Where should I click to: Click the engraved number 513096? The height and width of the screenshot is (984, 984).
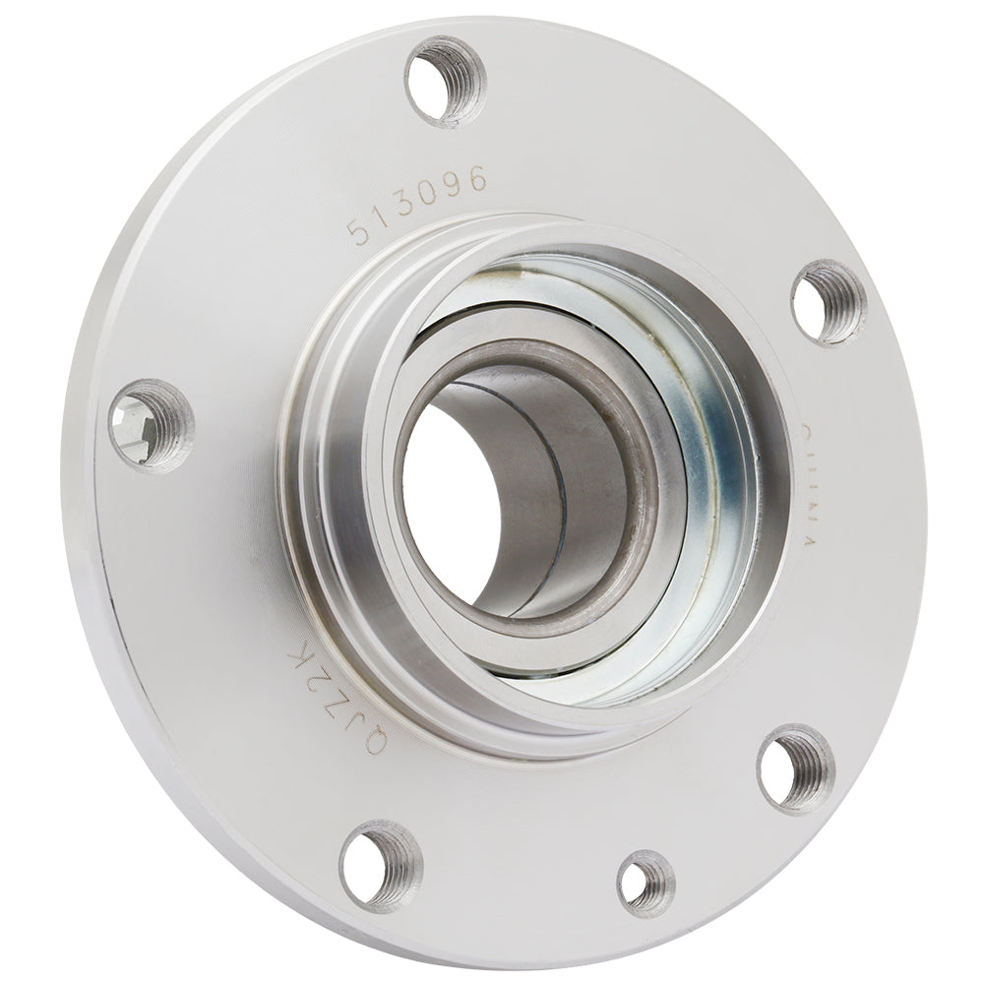(x=416, y=205)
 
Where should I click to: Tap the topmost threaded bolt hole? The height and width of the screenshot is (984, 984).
(x=445, y=81)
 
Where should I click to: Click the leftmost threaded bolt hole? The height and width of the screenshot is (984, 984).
(x=151, y=426)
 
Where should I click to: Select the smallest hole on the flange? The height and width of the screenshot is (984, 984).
(x=646, y=882)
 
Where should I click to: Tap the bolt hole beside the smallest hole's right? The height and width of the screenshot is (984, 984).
(x=796, y=769)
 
